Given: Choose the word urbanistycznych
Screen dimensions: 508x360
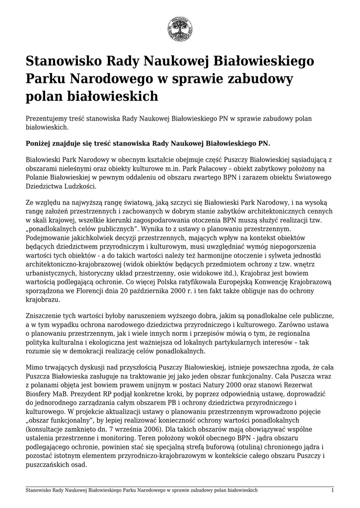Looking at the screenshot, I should click(52, 274).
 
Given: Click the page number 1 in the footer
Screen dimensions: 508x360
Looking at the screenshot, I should click(332, 490).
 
